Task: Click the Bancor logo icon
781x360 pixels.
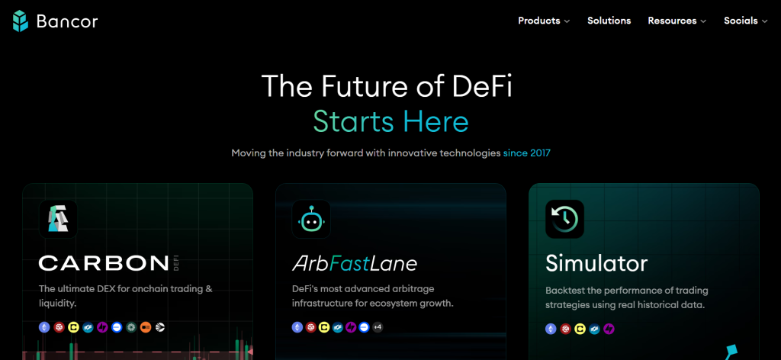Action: (x=21, y=21)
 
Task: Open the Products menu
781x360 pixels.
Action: (x=543, y=21)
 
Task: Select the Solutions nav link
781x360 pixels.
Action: (x=609, y=21)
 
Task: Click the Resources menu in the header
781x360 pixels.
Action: (x=677, y=21)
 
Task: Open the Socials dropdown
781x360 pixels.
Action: (x=745, y=21)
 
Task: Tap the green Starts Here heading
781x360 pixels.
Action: (x=390, y=121)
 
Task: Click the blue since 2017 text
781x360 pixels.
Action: (x=526, y=153)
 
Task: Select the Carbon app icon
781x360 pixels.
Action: (x=58, y=219)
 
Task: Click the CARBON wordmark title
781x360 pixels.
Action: (x=104, y=264)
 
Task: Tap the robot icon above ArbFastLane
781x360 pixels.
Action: (x=311, y=219)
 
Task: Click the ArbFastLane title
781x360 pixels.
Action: (x=354, y=264)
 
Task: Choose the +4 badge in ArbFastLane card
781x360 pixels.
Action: (x=377, y=327)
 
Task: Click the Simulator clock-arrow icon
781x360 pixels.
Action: (x=564, y=219)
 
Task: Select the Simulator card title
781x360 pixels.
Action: (x=596, y=264)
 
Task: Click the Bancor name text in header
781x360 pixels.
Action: (x=67, y=21)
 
